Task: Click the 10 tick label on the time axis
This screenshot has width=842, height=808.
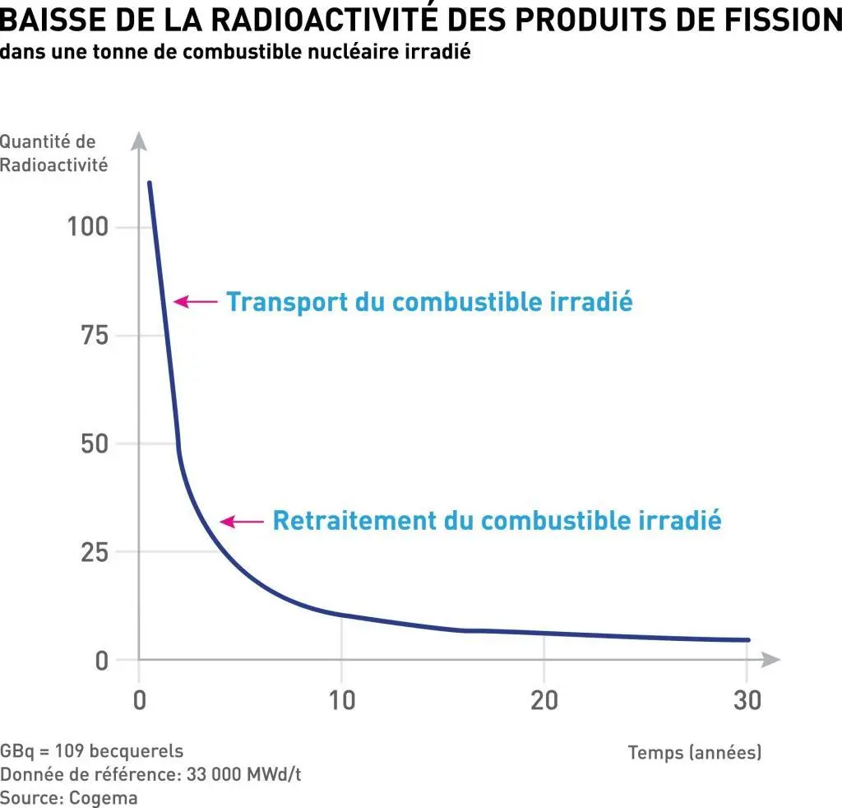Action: pyautogui.click(x=341, y=700)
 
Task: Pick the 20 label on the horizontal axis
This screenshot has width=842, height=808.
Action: pyautogui.click(x=544, y=700)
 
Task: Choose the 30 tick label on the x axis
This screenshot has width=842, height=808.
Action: pyautogui.click(x=746, y=700)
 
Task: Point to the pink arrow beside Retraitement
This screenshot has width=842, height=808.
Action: pyautogui.click(x=240, y=521)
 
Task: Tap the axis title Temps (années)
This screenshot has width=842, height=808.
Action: pyautogui.click(x=695, y=752)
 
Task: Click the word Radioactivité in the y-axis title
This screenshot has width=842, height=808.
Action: pyautogui.click(x=54, y=165)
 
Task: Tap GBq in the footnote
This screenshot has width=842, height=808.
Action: pyautogui.click(x=17, y=751)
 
